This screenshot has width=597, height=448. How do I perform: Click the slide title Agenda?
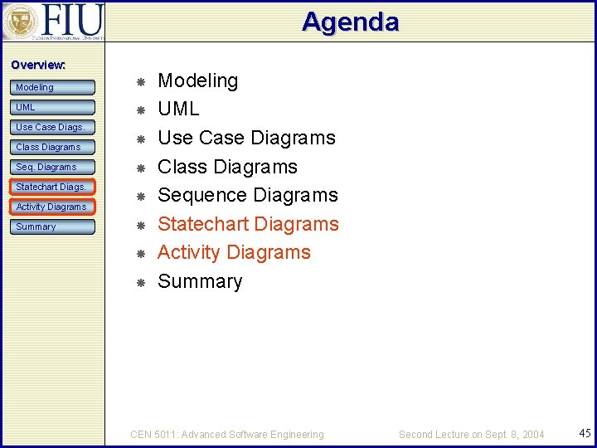(350, 22)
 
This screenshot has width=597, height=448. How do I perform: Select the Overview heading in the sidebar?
(38, 65)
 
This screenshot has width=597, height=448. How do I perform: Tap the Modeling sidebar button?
(54, 87)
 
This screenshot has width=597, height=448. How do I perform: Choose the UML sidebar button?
(54, 107)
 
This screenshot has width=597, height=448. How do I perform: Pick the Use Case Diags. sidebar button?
(54, 127)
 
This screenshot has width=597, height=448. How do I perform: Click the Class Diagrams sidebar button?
(54, 147)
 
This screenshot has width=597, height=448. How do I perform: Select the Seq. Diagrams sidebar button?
(54, 167)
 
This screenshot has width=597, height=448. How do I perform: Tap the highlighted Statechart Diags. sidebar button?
(54, 187)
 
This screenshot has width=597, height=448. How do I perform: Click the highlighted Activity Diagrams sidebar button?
(54, 207)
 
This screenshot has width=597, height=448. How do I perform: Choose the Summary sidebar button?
(54, 226)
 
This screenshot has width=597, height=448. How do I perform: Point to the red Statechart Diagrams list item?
(248, 224)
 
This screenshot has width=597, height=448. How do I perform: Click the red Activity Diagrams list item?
(234, 252)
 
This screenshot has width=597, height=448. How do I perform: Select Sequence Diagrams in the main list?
(248, 195)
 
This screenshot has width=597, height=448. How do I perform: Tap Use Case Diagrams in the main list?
(246, 138)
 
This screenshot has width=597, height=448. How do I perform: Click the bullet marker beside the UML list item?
(141, 110)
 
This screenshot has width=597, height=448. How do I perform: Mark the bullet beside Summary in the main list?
(141, 283)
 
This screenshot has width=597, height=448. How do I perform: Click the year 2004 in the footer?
(533, 434)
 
